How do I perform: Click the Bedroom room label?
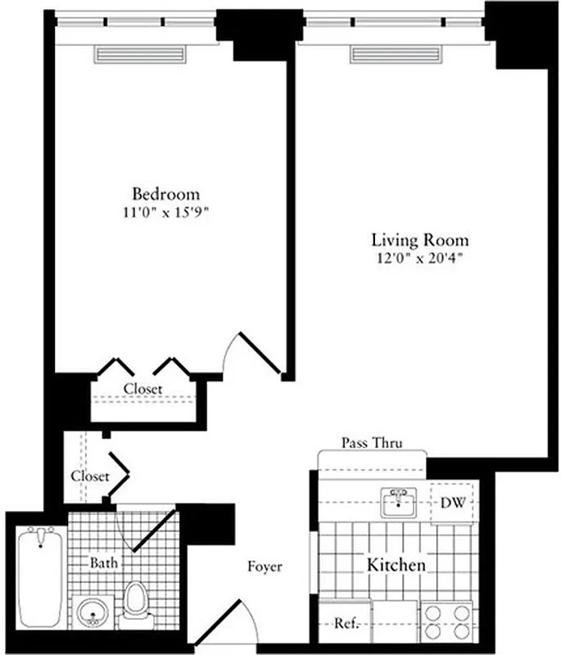pyautogui.click(x=166, y=194)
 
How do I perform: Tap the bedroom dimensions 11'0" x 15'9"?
pyautogui.click(x=166, y=211)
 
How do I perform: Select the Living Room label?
pyautogui.click(x=420, y=240)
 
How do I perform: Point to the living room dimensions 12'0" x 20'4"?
pyautogui.click(x=420, y=258)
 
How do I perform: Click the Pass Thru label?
pyautogui.click(x=371, y=443)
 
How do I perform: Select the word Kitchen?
pyautogui.click(x=396, y=565)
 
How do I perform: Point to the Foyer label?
pyautogui.click(x=265, y=566)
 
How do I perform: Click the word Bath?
pyautogui.click(x=104, y=562)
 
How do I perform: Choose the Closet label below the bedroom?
pyautogui.click(x=143, y=389)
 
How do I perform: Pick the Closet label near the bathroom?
pyautogui.click(x=89, y=476)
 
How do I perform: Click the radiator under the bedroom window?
pyautogui.click(x=132, y=54)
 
